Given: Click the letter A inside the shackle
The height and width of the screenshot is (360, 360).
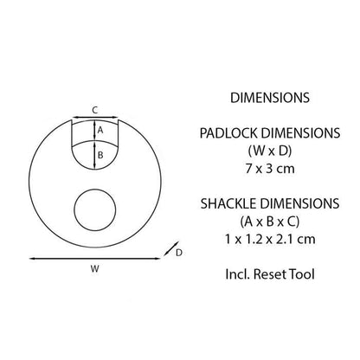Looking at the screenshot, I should [100, 129].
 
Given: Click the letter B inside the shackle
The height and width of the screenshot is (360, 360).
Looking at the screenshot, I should [100, 156].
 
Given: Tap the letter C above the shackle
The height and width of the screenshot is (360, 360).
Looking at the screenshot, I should [93, 110].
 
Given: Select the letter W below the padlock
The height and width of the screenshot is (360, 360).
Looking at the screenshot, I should [93, 269].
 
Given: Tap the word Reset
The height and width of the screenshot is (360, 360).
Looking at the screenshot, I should [270, 276].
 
